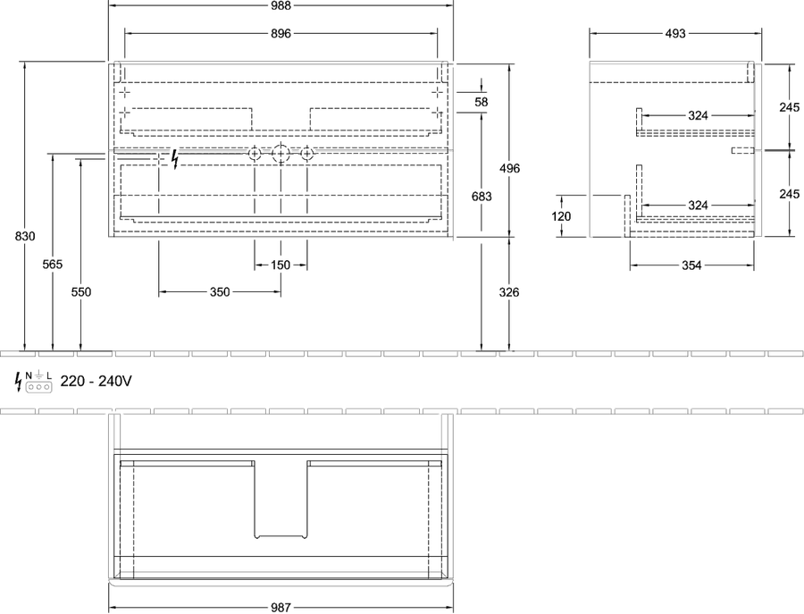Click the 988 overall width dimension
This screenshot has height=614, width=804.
coord(281,5)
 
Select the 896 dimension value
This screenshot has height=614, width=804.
coord(281,33)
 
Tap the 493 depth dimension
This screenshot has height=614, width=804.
coord(675,33)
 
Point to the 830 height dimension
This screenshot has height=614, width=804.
coord(25,236)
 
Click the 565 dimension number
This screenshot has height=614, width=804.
coord(53,265)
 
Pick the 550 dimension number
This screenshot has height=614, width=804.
coord(81,292)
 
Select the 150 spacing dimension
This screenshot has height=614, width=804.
coord(281,265)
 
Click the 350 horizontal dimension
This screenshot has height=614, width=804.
coord(220,292)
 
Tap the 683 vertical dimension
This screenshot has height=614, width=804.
coord(482,197)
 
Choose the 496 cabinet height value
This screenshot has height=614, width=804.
coord(510,168)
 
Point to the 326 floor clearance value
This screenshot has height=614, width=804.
coord(509,292)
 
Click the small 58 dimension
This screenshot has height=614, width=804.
coord(481,102)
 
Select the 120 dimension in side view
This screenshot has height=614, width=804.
coord(561,216)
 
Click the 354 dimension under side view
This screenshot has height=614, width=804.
coord(691,265)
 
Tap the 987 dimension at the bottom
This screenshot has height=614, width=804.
coord(281,608)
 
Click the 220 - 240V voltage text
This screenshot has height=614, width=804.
coord(96,381)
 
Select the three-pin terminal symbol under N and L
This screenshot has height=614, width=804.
coord(39,387)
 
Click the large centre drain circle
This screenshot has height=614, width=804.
coord(281,154)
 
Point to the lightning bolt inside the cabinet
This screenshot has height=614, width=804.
coord(175,159)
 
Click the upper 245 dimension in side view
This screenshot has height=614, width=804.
coord(789,107)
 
